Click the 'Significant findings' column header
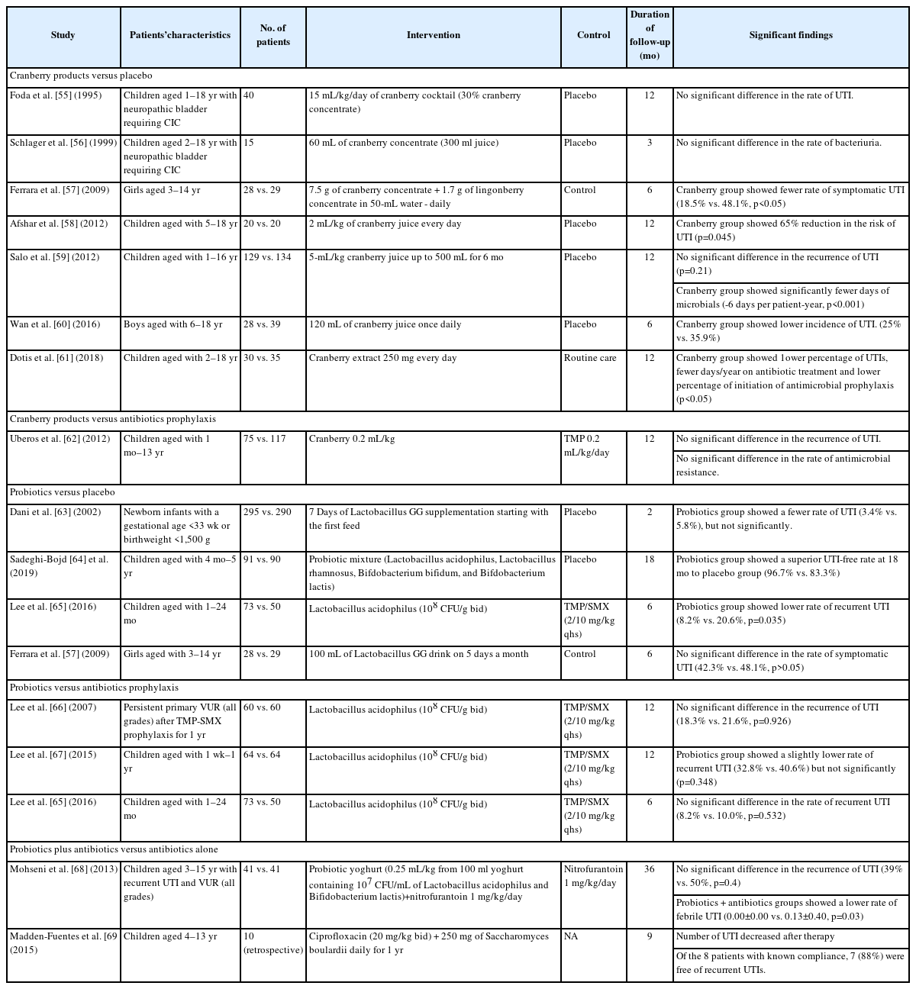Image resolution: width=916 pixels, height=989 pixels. (x=791, y=35)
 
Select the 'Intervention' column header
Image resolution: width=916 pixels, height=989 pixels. (x=433, y=35)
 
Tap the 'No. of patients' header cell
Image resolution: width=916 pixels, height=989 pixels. (x=273, y=35)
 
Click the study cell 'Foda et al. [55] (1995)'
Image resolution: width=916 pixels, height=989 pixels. (x=55, y=96)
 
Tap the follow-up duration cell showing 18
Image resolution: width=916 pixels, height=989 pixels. (x=650, y=560)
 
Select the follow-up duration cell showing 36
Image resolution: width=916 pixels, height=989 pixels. (x=650, y=870)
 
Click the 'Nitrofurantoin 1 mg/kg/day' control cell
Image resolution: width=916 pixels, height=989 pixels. (x=593, y=876)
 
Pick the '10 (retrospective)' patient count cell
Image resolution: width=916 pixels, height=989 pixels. (x=273, y=943)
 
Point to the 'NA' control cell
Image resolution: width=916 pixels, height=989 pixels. (x=571, y=937)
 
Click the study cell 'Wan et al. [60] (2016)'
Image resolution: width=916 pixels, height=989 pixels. (x=55, y=325)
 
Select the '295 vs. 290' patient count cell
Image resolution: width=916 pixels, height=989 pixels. (x=266, y=513)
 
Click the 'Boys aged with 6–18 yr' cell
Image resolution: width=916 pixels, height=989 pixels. (x=173, y=325)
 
